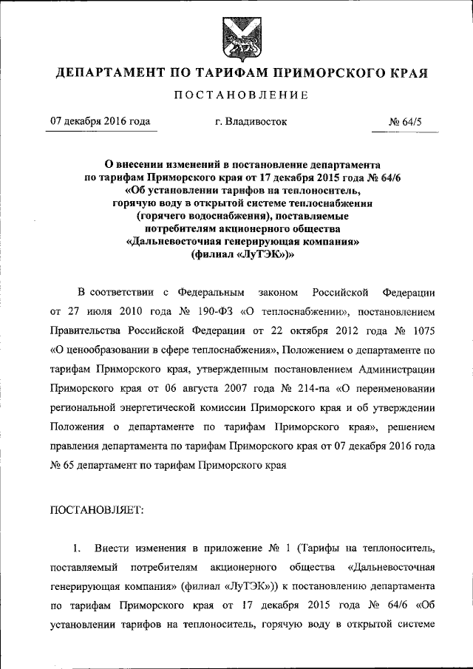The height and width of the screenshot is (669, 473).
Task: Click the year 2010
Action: click(138, 312)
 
